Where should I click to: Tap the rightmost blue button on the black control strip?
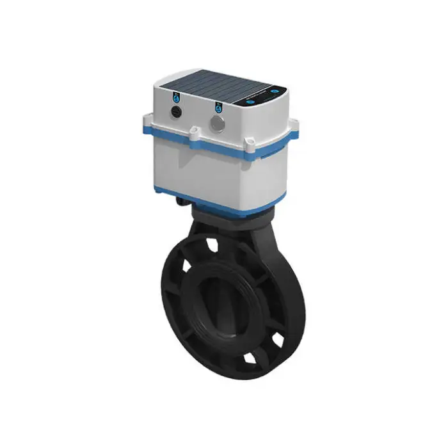tap(275, 91)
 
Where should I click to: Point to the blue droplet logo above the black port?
tap(176, 97)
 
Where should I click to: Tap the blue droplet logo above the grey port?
tap(218, 107)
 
